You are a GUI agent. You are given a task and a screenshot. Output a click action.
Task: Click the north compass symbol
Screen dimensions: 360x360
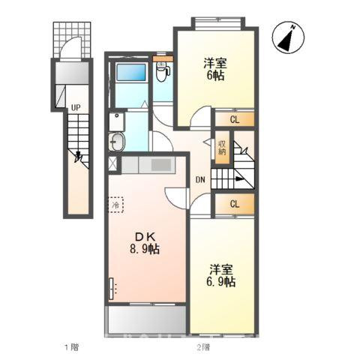click(288, 37)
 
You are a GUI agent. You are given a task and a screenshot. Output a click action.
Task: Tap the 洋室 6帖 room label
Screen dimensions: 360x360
click(215, 69)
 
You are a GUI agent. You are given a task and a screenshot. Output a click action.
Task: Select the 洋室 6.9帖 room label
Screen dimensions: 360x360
click(221, 275)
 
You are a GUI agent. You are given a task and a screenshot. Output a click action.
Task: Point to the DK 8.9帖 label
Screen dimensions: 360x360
click(145, 242)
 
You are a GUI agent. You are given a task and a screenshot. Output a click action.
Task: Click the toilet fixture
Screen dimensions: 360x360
click(162, 71)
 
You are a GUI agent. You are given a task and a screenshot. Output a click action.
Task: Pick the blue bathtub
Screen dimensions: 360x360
click(131, 72)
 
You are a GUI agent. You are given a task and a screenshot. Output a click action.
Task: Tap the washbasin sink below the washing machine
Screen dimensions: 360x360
click(116, 142)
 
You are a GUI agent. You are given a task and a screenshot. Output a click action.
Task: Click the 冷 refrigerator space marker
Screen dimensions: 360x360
click(115, 205)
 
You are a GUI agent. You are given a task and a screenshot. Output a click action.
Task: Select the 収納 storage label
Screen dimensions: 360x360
click(222, 148)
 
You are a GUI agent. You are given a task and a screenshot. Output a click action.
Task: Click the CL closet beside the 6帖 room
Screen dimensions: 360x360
click(235, 119)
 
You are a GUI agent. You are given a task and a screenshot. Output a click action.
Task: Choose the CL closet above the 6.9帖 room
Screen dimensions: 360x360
click(235, 204)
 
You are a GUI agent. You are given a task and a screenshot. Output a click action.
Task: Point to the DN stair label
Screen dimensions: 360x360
click(200, 179)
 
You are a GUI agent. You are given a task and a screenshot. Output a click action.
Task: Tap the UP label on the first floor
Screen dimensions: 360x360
click(76, 108)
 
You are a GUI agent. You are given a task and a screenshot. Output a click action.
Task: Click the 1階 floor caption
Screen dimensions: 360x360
click(72, 347)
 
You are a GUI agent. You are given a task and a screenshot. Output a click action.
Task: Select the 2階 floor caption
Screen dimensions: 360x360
click(203, 347)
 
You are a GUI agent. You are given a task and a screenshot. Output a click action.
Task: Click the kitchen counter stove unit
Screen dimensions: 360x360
click(148, 165)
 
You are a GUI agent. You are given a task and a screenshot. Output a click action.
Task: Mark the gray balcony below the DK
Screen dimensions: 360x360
click(147, 320)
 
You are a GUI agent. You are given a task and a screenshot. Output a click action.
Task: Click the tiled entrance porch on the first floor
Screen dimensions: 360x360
click(72, 40)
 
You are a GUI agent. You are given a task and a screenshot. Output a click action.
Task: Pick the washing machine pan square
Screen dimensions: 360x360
click(117, 121)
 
